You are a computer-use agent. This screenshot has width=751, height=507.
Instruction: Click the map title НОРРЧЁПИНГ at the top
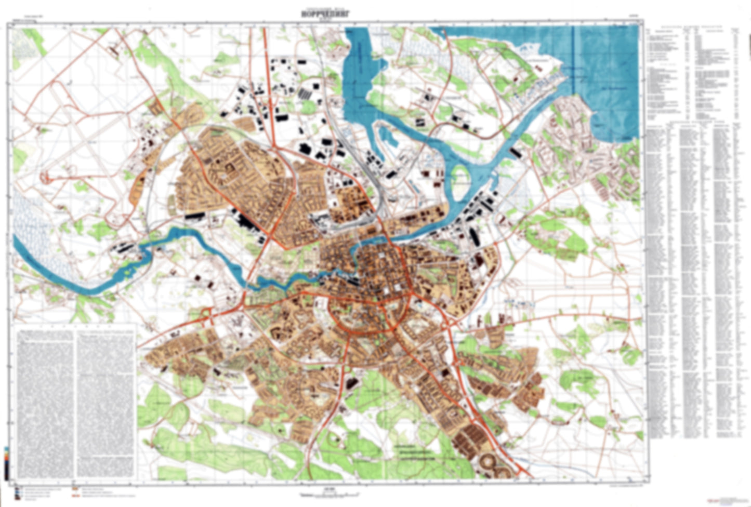pyautogui.click(x=326, y=15)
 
